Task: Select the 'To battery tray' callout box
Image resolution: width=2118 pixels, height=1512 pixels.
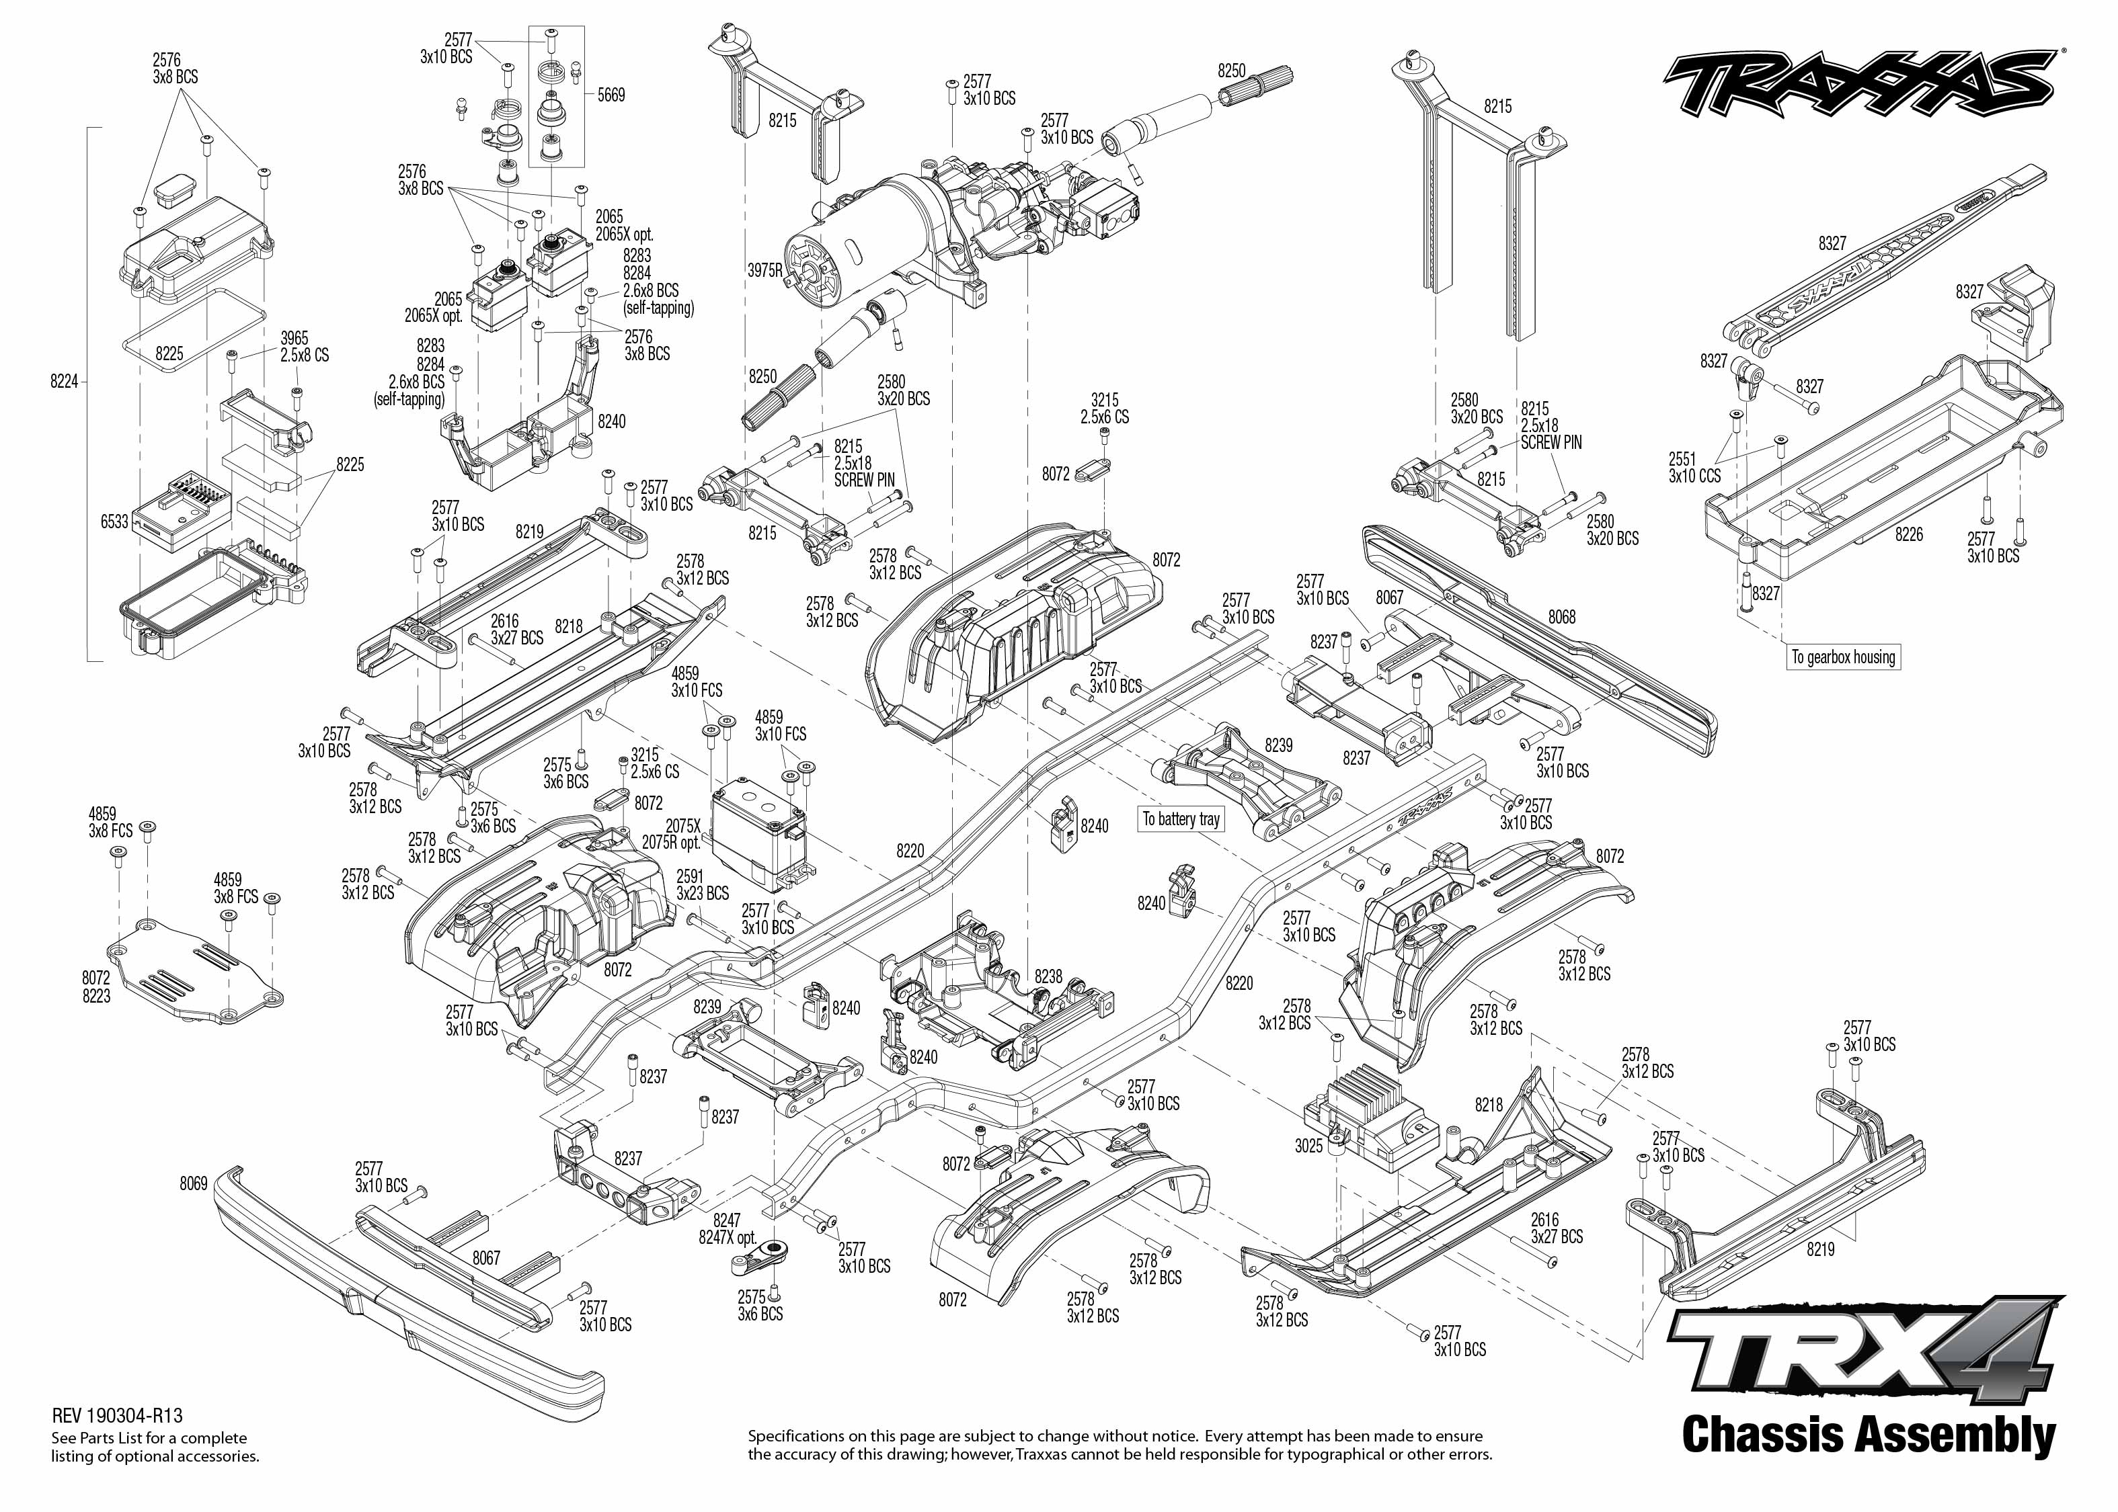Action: [1181, 819]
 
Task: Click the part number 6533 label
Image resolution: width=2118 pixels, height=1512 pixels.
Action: [114, 521]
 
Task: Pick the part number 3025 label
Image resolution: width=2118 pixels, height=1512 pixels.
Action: [1308, 1146]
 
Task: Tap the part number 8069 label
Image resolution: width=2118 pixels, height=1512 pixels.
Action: [194, 1185]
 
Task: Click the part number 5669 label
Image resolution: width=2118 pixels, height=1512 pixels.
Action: [611, 95]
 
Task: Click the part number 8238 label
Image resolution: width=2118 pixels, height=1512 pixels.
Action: [1048, 976]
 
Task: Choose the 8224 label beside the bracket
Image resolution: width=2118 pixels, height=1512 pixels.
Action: [65, 382]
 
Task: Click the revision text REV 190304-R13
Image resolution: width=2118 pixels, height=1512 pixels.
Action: [118, 1416]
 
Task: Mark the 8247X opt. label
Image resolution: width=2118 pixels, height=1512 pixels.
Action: [728, 1238]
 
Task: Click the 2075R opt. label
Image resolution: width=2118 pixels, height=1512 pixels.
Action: [670, 843]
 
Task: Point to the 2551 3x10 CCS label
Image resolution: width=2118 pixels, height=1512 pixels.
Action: [1694, 468]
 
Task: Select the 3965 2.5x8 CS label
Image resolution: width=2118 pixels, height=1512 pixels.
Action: [305, 346]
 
